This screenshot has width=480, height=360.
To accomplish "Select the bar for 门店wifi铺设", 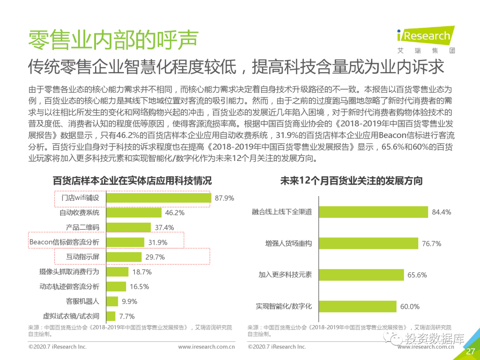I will click(158, 198).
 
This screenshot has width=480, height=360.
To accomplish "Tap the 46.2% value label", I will click(175, 213).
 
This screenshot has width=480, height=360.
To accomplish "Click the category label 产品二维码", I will click(82, 228).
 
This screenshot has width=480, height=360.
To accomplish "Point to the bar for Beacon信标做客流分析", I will click(125, 242).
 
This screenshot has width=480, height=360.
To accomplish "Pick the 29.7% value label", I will click(155, 257).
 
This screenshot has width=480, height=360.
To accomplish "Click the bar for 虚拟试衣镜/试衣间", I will click(111, 316).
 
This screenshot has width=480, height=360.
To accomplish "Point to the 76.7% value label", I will click(431, 244).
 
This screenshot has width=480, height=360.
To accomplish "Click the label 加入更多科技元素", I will click(285, 275).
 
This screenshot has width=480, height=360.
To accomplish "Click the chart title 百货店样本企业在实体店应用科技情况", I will click(132, 181).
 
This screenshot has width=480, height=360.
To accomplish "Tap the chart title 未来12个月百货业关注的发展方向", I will click(351, 181).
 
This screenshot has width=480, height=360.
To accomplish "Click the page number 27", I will click(470, 352).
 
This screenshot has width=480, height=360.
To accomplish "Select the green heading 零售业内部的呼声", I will click(113, 40).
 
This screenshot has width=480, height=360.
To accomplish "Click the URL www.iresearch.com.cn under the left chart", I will click(206, 347).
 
